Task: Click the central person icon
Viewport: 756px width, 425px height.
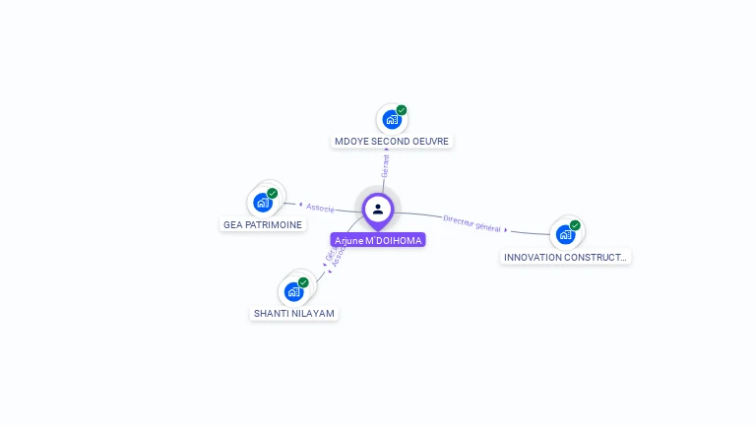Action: click(378, 209)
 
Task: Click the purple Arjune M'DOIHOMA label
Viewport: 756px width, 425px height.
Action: click(378, 240)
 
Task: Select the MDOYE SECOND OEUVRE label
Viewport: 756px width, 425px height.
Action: click(392, 142)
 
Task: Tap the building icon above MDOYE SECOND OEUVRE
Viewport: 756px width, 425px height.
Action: click(392, 120)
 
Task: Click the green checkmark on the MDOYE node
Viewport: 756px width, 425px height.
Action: click(402, 110)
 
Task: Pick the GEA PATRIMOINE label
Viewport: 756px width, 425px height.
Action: click(263, 224)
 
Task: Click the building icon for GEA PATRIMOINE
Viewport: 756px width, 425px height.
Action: click(263, 203)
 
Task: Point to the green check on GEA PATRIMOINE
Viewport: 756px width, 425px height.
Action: click(273, 193)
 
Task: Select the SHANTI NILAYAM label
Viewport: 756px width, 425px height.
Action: click(294, 314)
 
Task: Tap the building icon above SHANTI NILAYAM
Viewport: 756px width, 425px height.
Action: click(293, 291)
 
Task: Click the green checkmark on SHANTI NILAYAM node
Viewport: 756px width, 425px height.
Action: click(303, 282)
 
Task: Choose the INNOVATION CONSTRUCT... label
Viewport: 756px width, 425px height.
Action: click(565, 257)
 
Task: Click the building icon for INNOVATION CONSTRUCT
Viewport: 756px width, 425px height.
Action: click(565, 234)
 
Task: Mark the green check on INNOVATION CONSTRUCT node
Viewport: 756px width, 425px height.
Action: click(575, 225)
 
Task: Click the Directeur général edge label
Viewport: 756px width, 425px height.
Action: click(472, 223)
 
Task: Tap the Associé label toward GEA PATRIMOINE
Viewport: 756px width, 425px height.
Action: click(320, 208)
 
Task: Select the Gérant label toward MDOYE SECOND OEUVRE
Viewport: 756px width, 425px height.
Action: click(385, 166)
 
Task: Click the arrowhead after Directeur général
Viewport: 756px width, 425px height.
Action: click(506, 230)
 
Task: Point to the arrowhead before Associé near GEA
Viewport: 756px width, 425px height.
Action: click(299, 205)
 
